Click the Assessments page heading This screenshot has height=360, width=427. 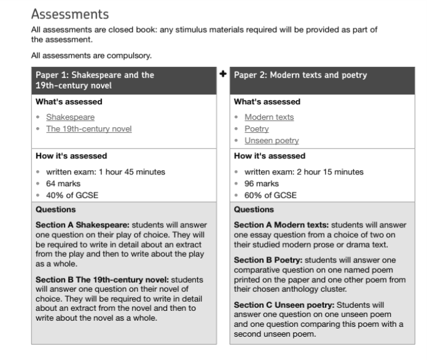click(x=69, y=14)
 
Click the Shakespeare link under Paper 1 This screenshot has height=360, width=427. click(x=70, y=117)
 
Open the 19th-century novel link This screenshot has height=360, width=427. click(x=88, y=128)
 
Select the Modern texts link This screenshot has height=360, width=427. click(x=269, y=117)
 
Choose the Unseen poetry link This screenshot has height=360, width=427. click(x=272, y=141)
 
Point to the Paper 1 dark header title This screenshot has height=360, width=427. click(x=95, y=80)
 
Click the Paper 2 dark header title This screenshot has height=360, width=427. click(x=300, y=76)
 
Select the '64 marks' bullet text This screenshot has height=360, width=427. click(x=63, y=184)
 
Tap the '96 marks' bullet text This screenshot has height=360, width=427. click(x=262, y=184)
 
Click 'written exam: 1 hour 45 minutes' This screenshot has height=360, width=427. click(x=106, y=172)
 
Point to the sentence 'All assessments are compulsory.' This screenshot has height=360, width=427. click(x=91, y=56)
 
